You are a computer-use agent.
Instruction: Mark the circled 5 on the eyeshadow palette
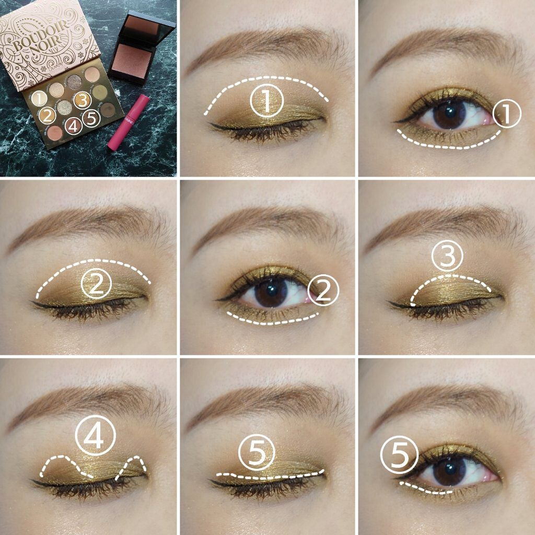coord(92,119)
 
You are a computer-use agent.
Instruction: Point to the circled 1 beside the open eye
coord(507,114)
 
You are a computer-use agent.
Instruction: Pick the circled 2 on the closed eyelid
coord(97,284)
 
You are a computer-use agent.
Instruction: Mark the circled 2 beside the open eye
coord(324,291)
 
